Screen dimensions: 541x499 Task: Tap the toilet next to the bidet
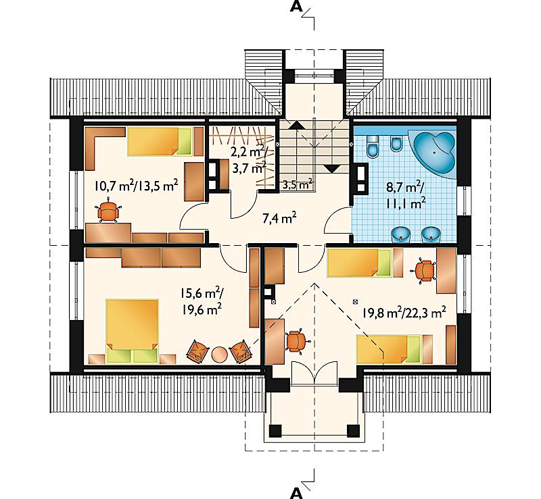[x=373, y=146]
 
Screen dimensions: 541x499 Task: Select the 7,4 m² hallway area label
[x=279, y=219]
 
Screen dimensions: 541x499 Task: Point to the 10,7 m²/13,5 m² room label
[x=137, y=186]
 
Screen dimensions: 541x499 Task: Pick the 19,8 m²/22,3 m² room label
[x=404, y=312]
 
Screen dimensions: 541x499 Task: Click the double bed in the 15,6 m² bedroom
[x=132, y=331]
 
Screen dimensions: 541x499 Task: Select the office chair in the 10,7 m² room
[x=109, y=211]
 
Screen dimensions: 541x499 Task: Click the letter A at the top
[x=296, y=7]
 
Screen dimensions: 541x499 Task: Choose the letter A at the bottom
[x=296, y=494]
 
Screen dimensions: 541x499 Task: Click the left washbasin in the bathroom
[x=400, y=234]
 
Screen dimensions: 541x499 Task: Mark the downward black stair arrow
[x=331, y=169]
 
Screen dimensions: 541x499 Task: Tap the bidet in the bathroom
[x=396, y=144]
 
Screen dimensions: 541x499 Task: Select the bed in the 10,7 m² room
[x=160, y=142]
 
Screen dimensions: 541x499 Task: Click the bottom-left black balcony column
[x=275, y=430]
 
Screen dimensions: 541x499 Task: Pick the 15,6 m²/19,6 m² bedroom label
[x=202, y=301]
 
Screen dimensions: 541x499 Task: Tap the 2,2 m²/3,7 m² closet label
[x=250, y=159]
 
